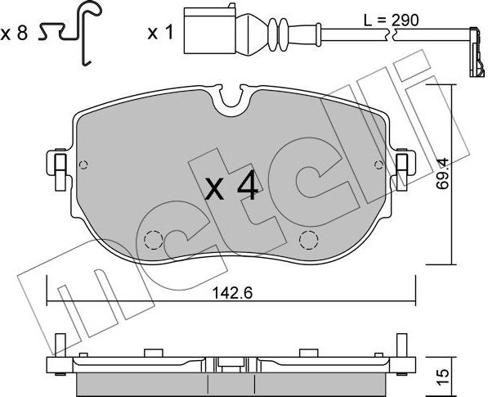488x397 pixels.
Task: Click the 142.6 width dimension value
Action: [232, 293]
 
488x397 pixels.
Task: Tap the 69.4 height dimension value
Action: [442, 174]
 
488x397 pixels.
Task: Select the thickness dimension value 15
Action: [442, 377]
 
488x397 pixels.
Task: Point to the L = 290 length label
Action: [392, 20]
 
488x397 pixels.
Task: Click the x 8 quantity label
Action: [14, 34]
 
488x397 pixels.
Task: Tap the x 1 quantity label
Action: [160, 33]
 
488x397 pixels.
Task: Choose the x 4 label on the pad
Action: [232, 186]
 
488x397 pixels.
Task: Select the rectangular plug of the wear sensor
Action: [210, 30]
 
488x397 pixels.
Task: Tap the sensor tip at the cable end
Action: [477, 52]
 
